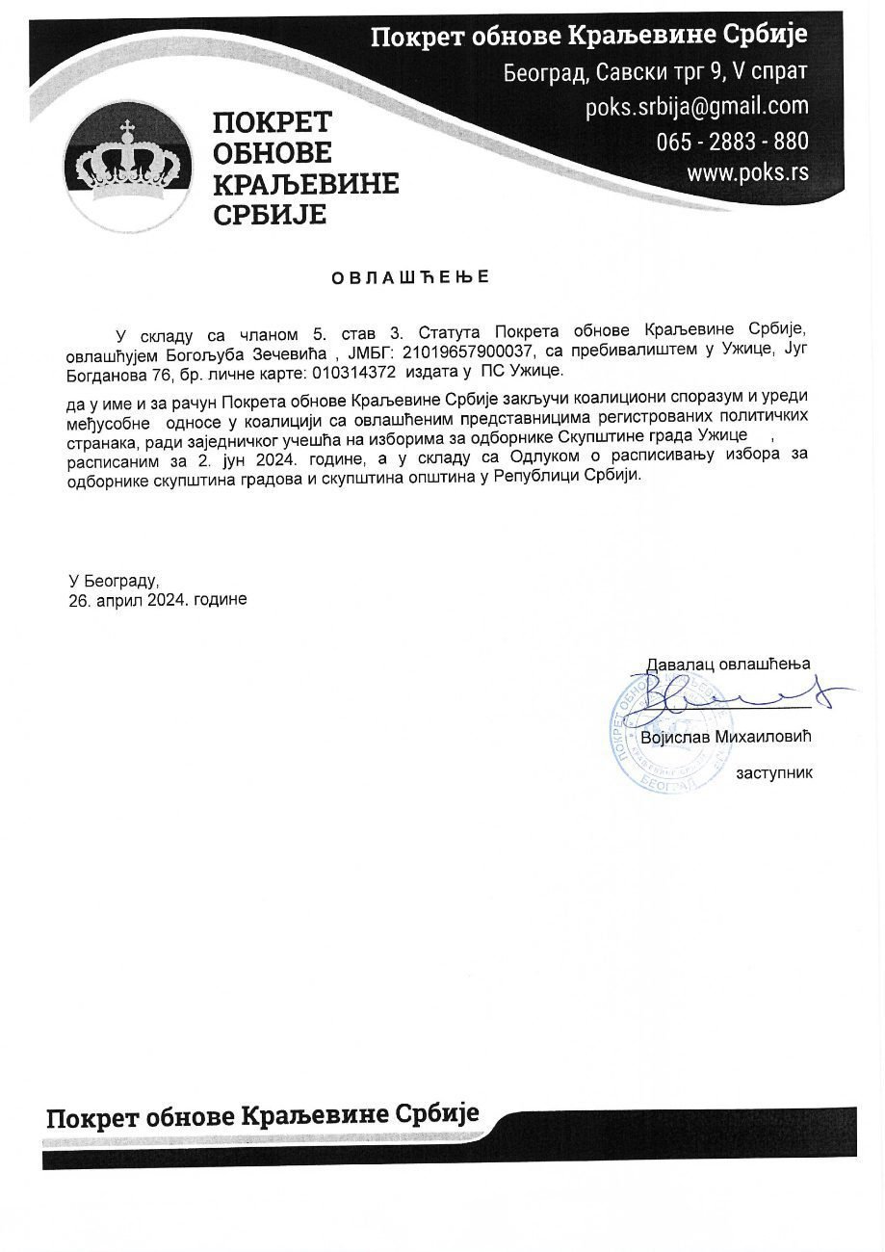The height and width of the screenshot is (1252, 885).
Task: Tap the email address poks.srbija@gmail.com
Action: (697, 106)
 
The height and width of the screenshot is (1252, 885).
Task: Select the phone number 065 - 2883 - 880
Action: (733, 141)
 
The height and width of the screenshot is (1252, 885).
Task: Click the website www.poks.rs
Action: (747, 173)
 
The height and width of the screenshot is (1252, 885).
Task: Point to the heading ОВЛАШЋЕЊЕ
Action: (411, 278)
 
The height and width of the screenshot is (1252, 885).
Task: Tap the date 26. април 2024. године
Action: (158, 599)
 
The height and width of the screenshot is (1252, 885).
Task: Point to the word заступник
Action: (773, 773)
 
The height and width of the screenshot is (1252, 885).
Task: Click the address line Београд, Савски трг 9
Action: (655, 72)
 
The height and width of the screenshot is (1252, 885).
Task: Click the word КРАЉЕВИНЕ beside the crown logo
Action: (305, 182)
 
